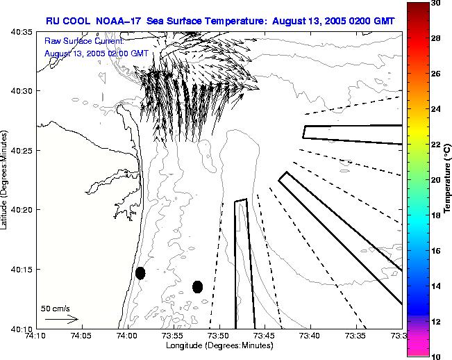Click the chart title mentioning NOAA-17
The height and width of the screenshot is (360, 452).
(x=220, y=22)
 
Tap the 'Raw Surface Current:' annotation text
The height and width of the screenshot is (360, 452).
(x=83, y=42)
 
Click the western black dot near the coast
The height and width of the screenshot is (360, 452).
(x=140, y=273)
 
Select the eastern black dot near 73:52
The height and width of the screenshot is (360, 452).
(x=197, y=286)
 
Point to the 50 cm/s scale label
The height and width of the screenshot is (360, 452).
(x=56, y=308)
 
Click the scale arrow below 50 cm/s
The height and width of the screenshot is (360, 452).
(x=61, y=319)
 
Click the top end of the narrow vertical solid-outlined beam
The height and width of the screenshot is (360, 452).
(x=241, y=201)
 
